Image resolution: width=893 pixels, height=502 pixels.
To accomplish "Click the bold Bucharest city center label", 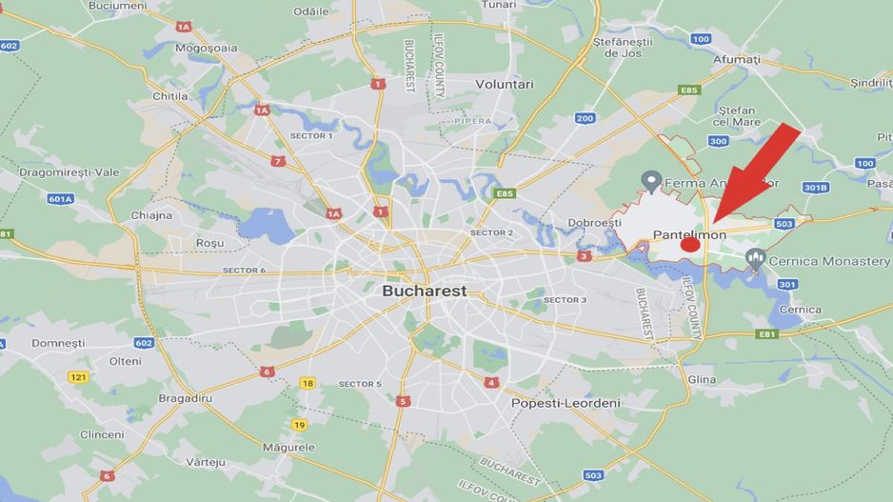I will point(425,291).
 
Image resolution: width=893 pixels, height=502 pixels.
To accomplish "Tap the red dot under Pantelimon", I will point(691,245).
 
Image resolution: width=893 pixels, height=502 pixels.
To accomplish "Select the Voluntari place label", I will point(505,84).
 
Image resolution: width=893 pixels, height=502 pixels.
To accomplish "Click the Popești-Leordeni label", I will point(566,403).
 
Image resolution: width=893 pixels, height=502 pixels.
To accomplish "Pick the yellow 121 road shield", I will point(78,377).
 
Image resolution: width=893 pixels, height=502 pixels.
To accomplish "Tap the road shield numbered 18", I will point(307,383).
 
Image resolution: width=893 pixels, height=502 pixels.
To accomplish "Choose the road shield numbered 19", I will point(300,425).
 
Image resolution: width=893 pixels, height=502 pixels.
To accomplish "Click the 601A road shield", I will point(60,199).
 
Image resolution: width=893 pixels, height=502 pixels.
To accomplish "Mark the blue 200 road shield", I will point(585,118).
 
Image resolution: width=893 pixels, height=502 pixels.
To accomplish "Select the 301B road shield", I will point(816,188).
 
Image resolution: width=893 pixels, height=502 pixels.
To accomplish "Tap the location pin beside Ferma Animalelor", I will point(652,179).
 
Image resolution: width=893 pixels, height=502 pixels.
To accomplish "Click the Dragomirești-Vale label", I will point(69,172).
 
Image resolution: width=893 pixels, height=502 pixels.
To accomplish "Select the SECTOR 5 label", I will point(360,384).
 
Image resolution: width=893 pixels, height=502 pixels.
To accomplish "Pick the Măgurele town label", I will point(288,447).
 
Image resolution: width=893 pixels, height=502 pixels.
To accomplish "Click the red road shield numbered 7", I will point(278,161).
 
